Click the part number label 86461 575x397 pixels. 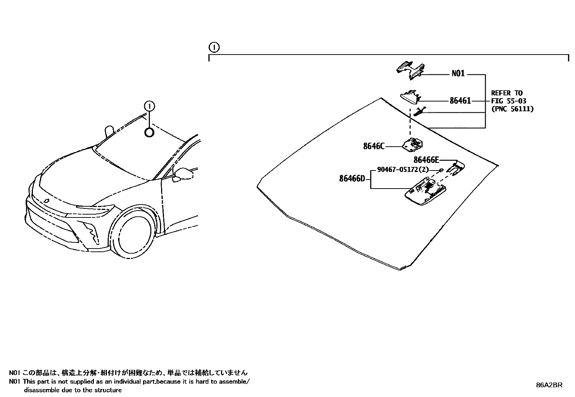tap(460, 101)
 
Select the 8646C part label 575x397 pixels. tap(373, 146)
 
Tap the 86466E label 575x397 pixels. tap(426, 160)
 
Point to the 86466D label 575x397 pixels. tap(352, 178)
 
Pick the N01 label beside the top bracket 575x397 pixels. tap(458, 74)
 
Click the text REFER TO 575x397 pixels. tap(506, 93)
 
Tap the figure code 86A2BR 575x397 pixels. tap(549, 385)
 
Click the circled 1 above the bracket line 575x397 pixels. tap(214, 47)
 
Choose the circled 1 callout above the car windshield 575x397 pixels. tap(149, 106)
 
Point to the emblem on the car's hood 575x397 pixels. tap(47, 201)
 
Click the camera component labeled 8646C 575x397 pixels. tap(413, 144)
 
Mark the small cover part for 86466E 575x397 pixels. tap(455, 167)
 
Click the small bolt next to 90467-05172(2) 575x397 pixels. tap(441, 169)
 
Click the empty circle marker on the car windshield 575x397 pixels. tap(149, 133)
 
